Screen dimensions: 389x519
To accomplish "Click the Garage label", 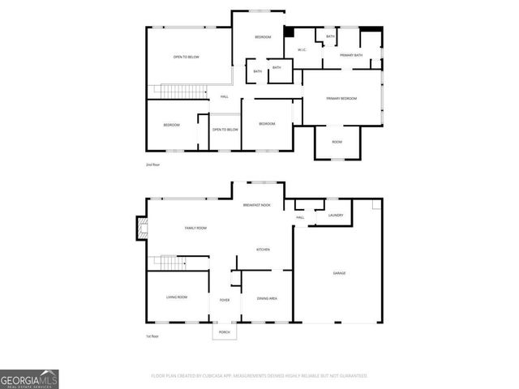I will coord(339,273).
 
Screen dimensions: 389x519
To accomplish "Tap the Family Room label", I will coord(195,229).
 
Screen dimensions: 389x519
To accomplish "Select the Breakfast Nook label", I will coord(256,206).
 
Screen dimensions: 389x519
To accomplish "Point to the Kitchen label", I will coord(264,249).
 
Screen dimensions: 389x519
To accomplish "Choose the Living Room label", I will coord(177,297).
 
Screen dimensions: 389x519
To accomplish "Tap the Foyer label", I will coord(225,300).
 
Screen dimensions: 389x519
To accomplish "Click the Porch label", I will coord(225,332).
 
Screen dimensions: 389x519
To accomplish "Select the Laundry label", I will coord(336,215).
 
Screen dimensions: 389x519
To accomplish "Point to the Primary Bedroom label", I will coord(341,98).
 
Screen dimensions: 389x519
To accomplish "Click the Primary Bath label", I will coord(351,55).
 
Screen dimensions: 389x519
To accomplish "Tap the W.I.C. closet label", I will coord(301,50).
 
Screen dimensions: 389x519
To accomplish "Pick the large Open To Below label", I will coord(186,57).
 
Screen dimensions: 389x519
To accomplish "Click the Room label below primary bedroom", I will coord(337,142).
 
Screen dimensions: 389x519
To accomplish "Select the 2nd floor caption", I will coord(152,165).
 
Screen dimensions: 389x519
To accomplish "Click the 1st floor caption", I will coord(152,335).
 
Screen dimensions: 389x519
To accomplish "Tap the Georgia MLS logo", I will coord(29,378).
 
